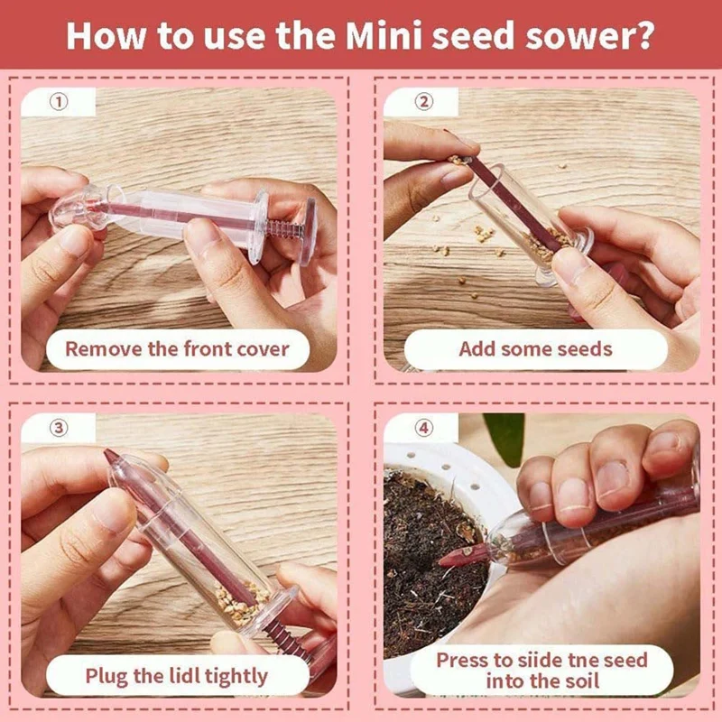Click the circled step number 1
59,102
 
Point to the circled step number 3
59,428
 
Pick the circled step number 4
421,428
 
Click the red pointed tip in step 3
111,457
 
